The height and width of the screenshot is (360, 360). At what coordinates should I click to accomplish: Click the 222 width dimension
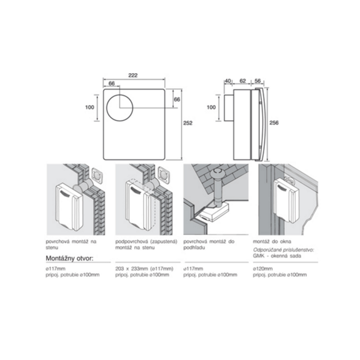(x=133, y=75)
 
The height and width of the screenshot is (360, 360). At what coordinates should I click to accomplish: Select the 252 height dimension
(x=187, y=124)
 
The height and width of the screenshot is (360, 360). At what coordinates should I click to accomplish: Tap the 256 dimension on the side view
(x=274, y=123)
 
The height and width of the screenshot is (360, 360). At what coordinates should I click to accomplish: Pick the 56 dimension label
(x=258, y=81)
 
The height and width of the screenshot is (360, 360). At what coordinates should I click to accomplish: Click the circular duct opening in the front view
(x=120, y=112)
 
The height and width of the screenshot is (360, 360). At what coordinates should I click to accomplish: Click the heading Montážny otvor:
(x=70, y=257)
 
